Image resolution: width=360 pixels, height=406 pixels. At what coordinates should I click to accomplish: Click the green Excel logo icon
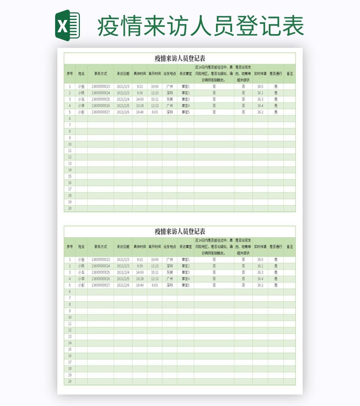pos(67,25)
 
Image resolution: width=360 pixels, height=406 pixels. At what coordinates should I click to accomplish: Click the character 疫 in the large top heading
pos(109,26)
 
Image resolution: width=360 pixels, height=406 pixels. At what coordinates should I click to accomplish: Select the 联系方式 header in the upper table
pos(100,74)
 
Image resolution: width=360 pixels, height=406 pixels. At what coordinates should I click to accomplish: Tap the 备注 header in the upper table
pos(289,74)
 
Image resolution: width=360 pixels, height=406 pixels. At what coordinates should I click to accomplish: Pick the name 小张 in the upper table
pos(81,87)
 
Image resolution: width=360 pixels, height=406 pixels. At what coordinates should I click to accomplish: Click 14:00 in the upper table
pos(140,99)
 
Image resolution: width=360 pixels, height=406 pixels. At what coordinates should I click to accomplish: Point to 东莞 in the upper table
pos(169,99)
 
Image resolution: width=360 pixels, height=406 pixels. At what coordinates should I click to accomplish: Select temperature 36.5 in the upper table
pos(260,87)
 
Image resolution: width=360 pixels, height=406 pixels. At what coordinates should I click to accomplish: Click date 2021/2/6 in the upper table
pos(123,112)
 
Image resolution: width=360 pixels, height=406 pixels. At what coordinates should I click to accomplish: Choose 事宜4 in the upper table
pos(186,106)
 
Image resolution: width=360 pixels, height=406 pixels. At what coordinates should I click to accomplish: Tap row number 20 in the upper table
pos(69,208)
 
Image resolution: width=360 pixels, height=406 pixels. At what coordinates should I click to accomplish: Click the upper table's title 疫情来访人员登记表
pos(180,58)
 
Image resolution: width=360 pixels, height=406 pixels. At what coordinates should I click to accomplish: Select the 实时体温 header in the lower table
pos(260,247)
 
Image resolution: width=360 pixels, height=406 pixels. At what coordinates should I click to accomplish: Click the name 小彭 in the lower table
pos(81,285)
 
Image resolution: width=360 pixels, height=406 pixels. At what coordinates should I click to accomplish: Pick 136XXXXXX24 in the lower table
pos(100,266)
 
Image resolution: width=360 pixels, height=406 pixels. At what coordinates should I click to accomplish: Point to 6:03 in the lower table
pos(154,285)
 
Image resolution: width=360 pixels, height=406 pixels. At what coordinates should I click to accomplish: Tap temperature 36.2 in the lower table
pos(260,285)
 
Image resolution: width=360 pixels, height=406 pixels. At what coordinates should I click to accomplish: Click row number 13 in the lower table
pos(69,336)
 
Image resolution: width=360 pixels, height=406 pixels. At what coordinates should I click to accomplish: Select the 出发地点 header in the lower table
pos(169,247)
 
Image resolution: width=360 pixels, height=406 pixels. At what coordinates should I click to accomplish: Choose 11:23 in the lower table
pos(154,266)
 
